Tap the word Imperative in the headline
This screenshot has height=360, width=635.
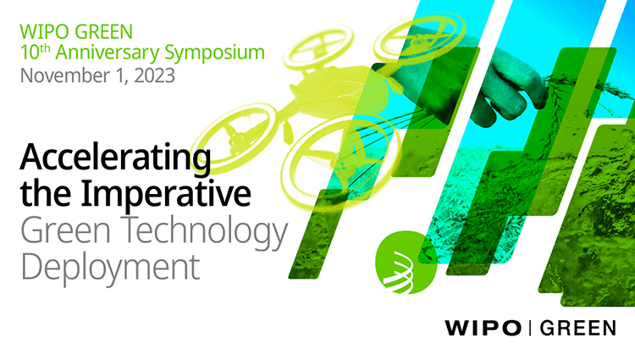pos(166,194)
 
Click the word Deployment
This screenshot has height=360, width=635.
pos(110,267)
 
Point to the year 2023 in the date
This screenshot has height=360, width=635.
pos(154,75)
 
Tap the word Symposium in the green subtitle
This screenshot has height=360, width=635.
pos(215,53)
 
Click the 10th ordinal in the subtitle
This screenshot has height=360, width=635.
pos(36,52)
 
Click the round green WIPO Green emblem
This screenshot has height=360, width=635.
pos(406,263)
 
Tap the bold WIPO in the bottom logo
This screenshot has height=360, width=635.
pos(483,328)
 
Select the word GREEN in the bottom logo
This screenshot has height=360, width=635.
pos(578,328)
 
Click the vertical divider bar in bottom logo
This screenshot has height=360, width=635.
pos(530,328)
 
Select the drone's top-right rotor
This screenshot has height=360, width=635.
pos(419,37)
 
